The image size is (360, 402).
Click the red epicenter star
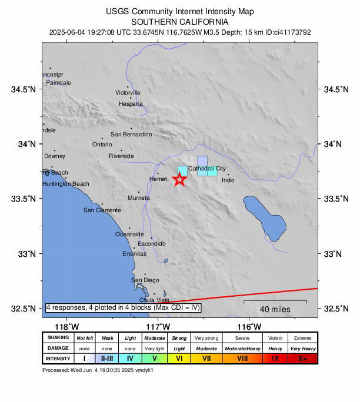point(180,180)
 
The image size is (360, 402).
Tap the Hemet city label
point(159,179)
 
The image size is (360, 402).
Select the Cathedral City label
point(207,169)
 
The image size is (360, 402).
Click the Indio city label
point(228,180)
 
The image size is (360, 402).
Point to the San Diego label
point(145,280)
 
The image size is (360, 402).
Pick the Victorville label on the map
point(128,93)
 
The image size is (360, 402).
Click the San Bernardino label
point(131,135)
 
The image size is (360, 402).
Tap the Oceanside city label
point(129,234)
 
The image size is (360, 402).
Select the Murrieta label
point(139,198)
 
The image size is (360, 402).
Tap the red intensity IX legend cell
point(275,358)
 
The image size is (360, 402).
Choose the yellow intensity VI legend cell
point(180,358)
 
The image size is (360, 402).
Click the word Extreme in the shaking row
point(302,338)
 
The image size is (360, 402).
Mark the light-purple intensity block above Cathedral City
point(202,161)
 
